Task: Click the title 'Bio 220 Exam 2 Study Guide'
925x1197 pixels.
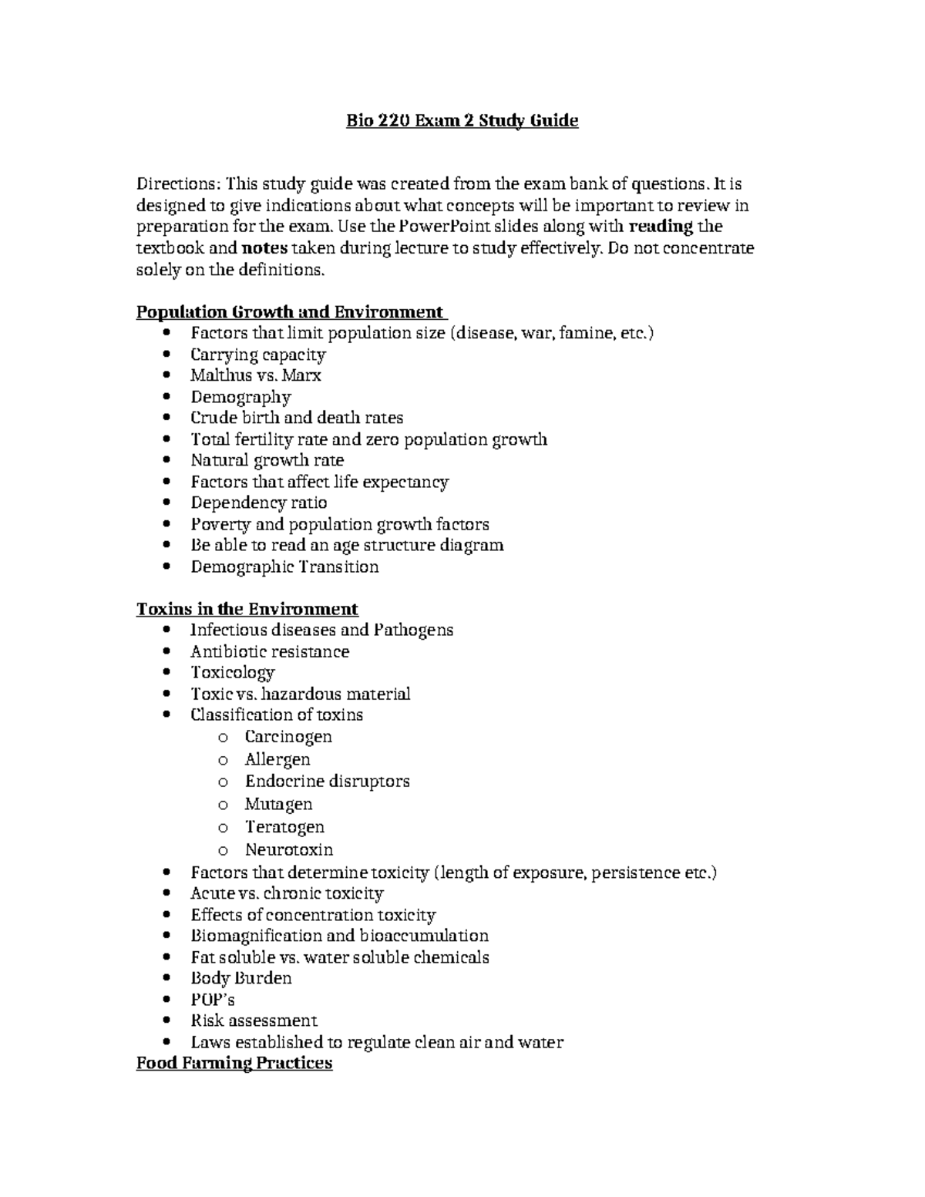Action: click(461, 121)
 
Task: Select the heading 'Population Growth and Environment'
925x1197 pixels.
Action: click(290, 312)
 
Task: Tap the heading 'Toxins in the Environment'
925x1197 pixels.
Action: click(247, 609)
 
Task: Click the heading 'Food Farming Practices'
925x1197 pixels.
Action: click(234, 1064)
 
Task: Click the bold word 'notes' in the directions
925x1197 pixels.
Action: click(264, 248)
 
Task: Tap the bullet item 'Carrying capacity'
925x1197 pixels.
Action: click(257, 355)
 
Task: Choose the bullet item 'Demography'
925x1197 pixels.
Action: click(240, 397)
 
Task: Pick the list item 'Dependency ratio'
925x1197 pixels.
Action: click(258, 503)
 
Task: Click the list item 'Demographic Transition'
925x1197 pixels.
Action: click(284, 567)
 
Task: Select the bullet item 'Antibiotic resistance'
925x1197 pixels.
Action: click(270, 651)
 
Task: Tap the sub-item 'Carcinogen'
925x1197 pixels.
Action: click(288, 736)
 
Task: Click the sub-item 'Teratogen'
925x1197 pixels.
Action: click(284, 827)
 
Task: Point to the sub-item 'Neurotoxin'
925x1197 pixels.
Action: click(289, 849)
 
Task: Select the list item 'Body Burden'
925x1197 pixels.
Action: click(241, 978)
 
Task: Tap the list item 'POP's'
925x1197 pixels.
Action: click(212, 1000)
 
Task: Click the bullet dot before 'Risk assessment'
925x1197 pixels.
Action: click(169, 1020)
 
